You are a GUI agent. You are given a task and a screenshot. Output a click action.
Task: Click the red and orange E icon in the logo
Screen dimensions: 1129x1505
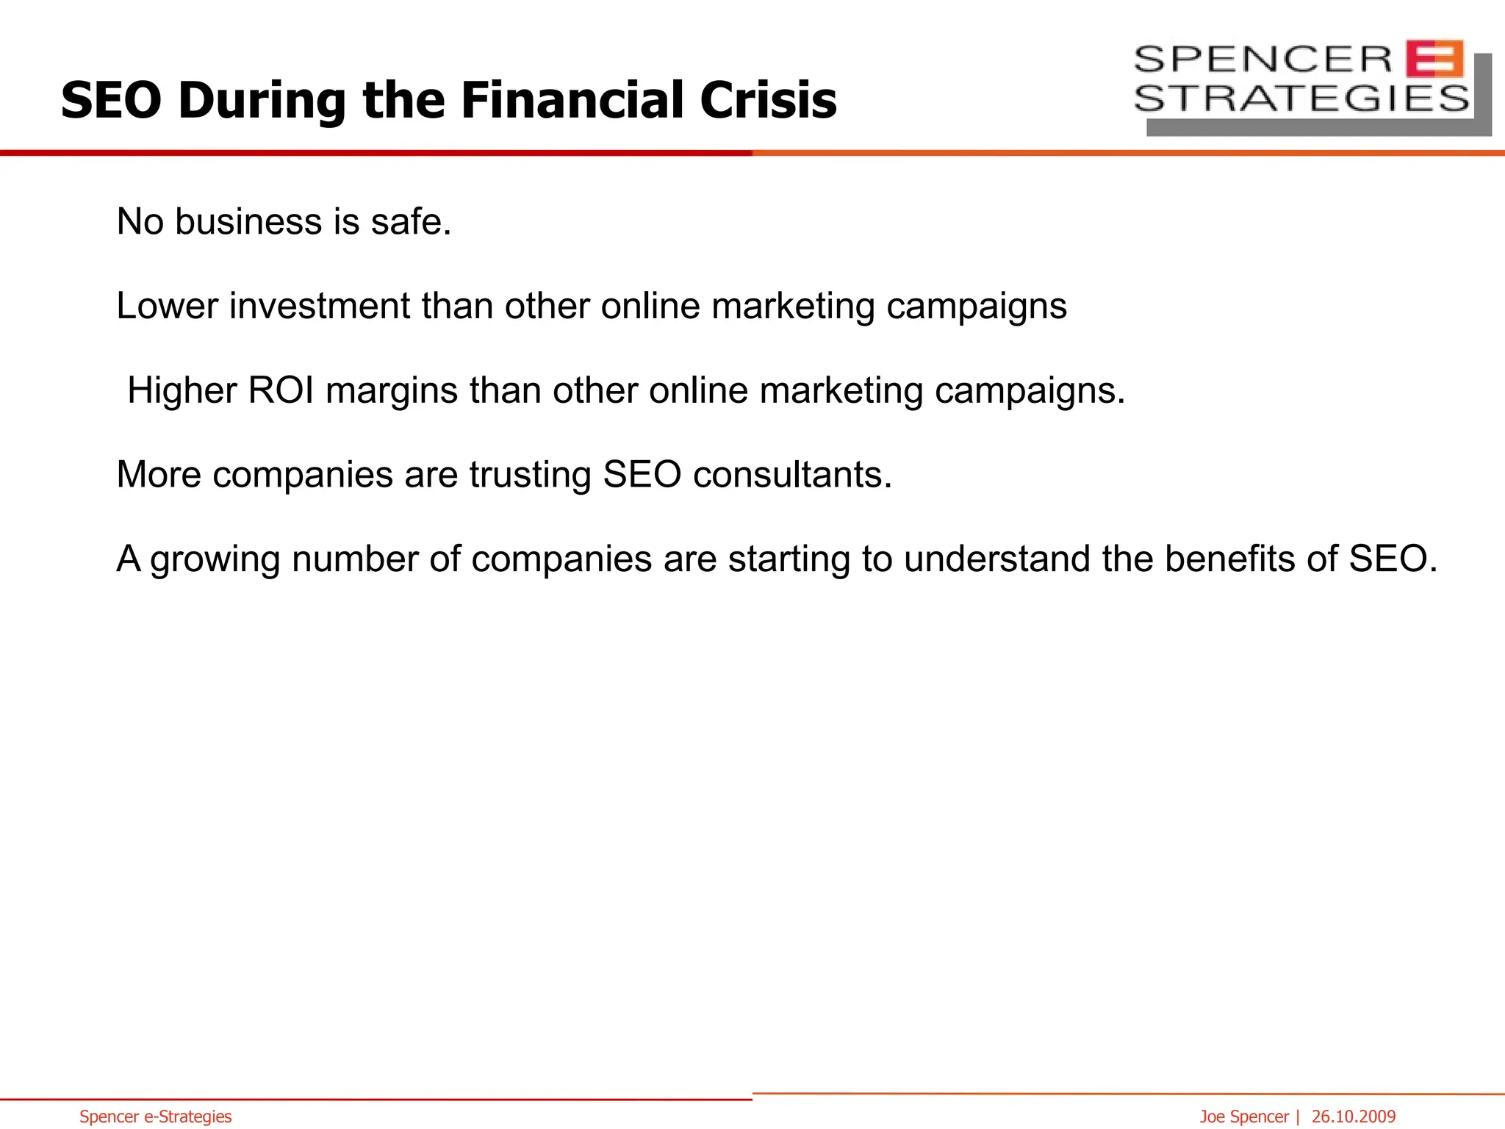(x=1434, y=59)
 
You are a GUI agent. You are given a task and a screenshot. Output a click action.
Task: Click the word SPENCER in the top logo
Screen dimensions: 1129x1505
(x=1263, y=59)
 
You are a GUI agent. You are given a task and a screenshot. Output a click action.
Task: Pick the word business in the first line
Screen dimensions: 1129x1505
(x=248, y=221)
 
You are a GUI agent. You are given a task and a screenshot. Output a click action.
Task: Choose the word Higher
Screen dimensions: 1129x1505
(x=182, y=390)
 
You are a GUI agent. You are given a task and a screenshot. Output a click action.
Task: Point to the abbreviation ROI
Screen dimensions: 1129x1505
(x=281, y=390)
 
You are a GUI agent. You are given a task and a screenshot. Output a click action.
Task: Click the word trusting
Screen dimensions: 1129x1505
(x=530, y=475)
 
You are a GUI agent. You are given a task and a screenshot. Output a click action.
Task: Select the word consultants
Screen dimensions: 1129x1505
(x=792, y=475)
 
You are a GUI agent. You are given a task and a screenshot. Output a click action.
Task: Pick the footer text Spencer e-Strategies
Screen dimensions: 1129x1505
(x=156, y=1117)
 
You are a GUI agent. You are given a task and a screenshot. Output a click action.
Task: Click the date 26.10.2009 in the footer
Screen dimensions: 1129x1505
(x=1354, y=1117)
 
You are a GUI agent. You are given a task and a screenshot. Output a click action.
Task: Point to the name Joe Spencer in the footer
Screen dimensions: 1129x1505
(x=1244, y=1117)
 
